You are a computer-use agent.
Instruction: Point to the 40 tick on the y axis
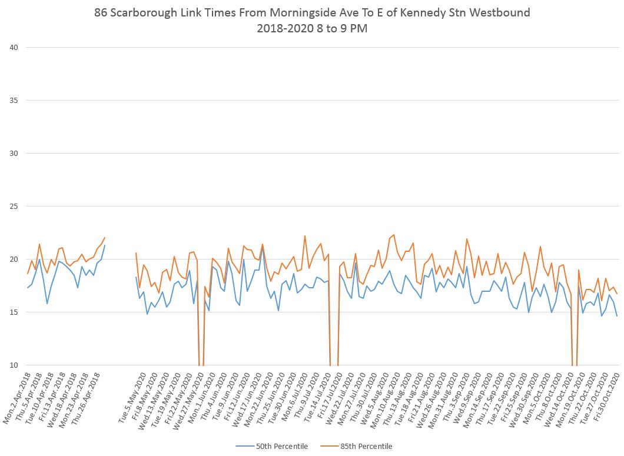click(12, 48)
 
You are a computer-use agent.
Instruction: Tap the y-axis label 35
click(12, 101)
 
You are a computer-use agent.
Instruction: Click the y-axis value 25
click(12, 207)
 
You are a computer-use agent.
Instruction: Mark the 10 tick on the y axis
click(12, 365)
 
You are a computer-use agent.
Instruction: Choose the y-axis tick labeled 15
click(12, 312)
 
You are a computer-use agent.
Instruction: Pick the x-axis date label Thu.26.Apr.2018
click(86, 401)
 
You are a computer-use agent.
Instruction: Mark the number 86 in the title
click(101, 13)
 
